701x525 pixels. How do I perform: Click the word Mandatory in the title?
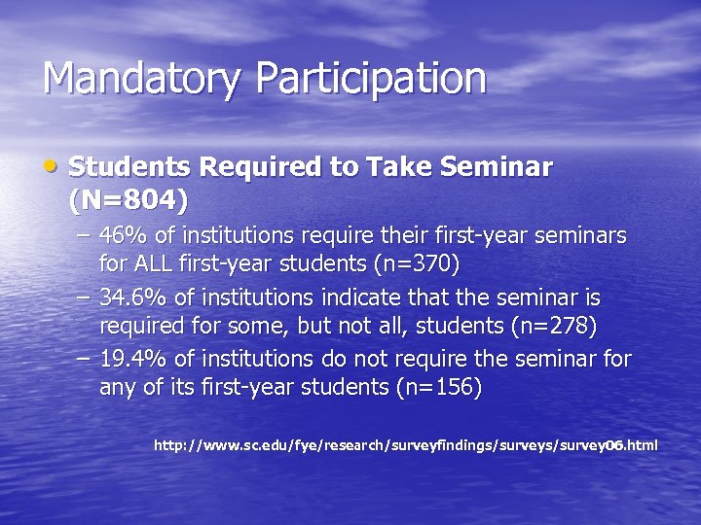point(135,79)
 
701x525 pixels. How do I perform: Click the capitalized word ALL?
point(157,263)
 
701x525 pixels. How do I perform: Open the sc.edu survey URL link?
point(406,445)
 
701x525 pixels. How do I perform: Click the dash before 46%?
point(85,236)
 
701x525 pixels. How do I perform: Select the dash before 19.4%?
point(85,360)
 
